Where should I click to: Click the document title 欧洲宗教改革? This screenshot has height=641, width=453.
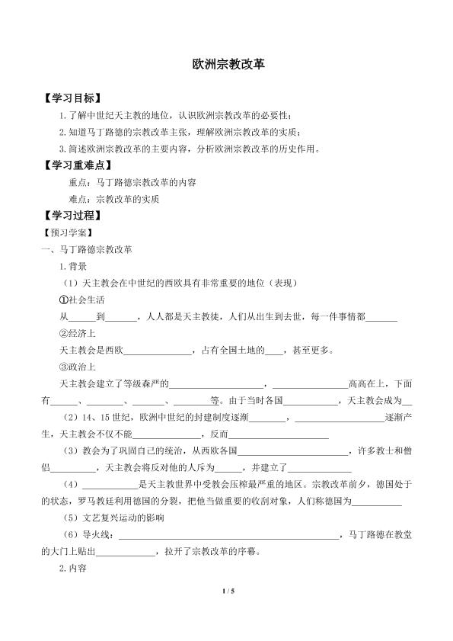227,66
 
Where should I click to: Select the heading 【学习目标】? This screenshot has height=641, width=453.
73,99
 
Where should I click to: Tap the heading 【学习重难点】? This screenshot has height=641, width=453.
78,165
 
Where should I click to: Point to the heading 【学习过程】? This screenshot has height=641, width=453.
73,216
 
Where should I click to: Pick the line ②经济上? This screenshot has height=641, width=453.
78,333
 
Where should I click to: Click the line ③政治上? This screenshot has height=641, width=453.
78,367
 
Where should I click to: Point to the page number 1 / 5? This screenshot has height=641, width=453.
226,611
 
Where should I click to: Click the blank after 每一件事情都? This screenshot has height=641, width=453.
381,319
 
